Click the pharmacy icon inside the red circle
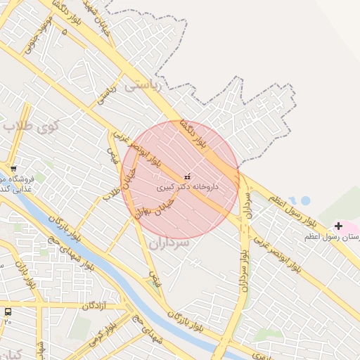coord(187,176)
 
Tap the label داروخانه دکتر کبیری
coord(187,188)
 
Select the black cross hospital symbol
coord(340,226)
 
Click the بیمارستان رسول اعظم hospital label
coord(332,237)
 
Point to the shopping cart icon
coord(14,169)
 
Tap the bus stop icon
coord(8,311)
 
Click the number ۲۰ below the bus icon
coord(8,321)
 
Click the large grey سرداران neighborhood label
coord(169,243)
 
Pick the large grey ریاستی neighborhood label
coord(142,86)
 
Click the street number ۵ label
coord(65,32)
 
